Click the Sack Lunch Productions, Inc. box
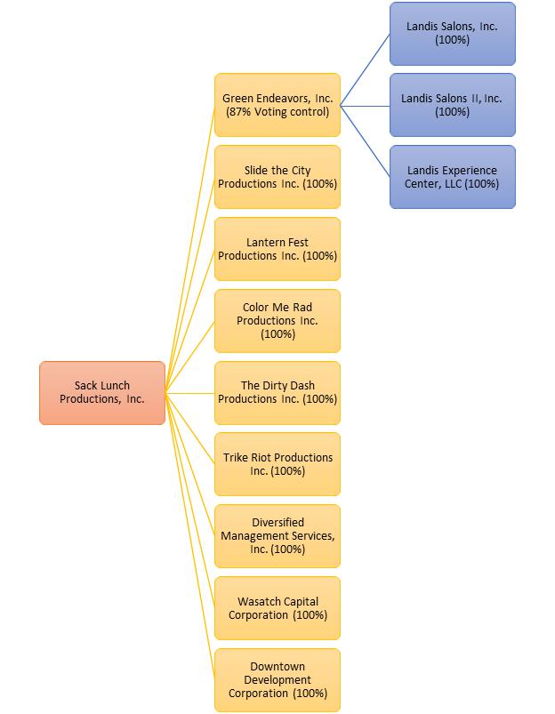[x=101, y=392]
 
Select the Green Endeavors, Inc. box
[x=277, y=105]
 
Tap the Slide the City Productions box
[x=277, y=177]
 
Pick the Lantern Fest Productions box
[x=277, y=249]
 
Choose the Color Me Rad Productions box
[x=277, y=320]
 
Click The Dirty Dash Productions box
[x=277, y=392]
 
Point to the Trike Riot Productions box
[x=277, y=464]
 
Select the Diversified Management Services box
[x=277, y=536]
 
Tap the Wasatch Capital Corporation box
[x=277, y=608]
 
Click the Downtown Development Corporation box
[x=277, y=680]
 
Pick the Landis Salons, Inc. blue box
[x=452, y=34]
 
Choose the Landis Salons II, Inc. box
[x=452, y=105]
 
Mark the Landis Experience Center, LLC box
[x=452, y=177]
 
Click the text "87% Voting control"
[x=277, y=112]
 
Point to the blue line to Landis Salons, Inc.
[x=365, y=69]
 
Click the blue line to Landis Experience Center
[x=365, y=140]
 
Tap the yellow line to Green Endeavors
[x=190, y=248]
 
